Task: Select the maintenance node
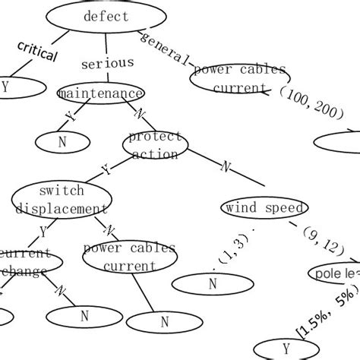[x=100, y=93]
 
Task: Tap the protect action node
[x=156, y=144]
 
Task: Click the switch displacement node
[x=62, y=200]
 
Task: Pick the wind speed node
[x=264, y=208]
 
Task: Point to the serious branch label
[x=106, y=64]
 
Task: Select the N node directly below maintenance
[x=63, y=141]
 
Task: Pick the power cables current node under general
[x=239, y=80]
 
